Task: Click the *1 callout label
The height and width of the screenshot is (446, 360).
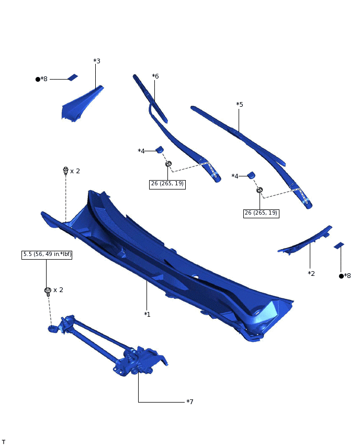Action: coord(147,314)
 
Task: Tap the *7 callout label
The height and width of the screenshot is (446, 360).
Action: coord(190,402)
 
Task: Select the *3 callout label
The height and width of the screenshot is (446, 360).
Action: coord(97,61)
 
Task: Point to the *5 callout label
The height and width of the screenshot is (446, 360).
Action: coord(240,105)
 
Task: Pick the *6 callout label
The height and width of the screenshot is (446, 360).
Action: coord(155,76)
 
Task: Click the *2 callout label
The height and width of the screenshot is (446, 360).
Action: coord(311,273)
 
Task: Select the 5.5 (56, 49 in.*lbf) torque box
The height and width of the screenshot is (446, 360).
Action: coord(47,255)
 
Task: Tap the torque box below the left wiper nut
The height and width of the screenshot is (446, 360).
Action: coord(167,184)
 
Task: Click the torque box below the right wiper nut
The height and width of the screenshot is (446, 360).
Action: coord(261,213)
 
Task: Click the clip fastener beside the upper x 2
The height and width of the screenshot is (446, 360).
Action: coord(65,171)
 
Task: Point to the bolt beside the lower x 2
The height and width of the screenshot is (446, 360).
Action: coord(48,291)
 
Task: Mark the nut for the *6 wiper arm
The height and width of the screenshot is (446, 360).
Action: coord(168,164)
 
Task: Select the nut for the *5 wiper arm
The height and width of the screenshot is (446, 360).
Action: coord(260,190)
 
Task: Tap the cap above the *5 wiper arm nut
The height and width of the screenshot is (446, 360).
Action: coord(251,175)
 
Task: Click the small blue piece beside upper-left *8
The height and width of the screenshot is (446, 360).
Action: coord(73,77)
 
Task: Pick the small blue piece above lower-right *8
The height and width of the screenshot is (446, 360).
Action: coord(339,245)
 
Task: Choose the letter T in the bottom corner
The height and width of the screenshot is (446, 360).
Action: coord(4,442)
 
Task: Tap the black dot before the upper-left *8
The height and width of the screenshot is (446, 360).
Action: coord(38,80)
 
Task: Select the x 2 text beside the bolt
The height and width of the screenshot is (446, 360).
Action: coord(59,290)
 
